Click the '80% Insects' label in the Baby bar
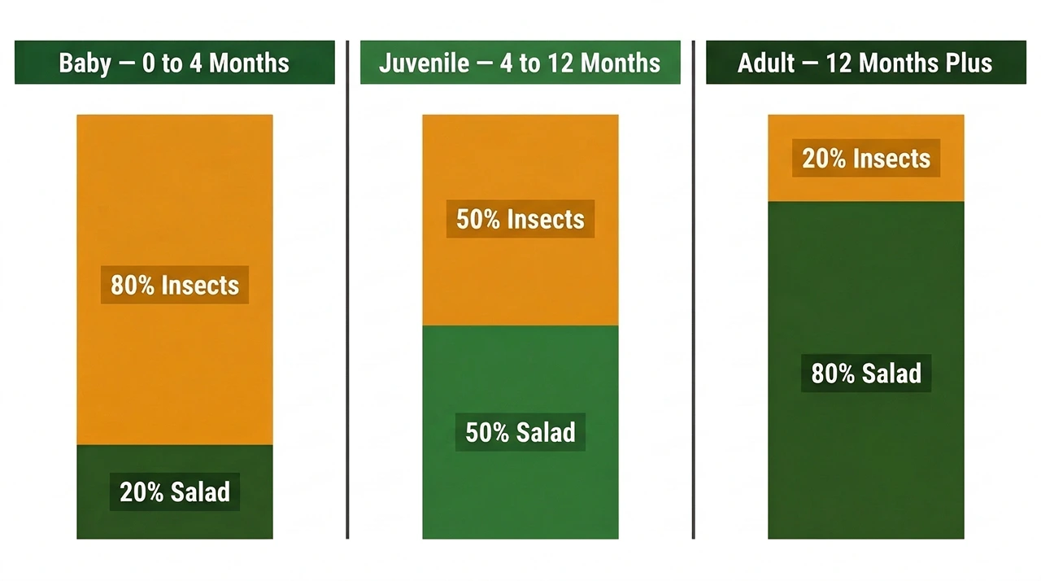click(x=175, y=286)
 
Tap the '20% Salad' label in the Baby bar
click(x=175, y=492)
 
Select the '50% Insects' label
click(x=520, y=219)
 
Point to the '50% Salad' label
click(x=520, y=432)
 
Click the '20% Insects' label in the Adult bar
click(x=866, y=158)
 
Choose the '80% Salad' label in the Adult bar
click(x=866, y=373)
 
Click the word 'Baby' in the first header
click(x=85, y=63)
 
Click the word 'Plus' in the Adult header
click(x=968, y=63)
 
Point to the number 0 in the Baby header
click(x=149, y=63)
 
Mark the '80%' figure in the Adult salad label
click(x=833, y=373)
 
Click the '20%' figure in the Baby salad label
click(x=142, y=492)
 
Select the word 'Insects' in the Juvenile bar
click(x=545, y=219)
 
